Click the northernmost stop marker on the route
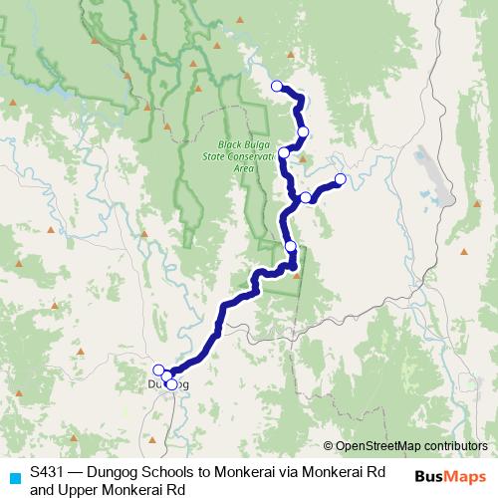coord(277,87)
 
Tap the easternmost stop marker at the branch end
coord(340,179)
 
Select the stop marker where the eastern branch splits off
coord(306,198)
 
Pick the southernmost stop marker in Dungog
coord(171,384)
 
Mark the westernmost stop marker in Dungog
coord(158,371)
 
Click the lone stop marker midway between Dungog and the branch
coord(290,246)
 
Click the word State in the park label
coord(212,157)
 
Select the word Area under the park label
coord(243,168)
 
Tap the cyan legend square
coord(12,476)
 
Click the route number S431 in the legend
coord(48,473)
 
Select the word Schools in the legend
coord(147,473)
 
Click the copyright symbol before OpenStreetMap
coord(329,446)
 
